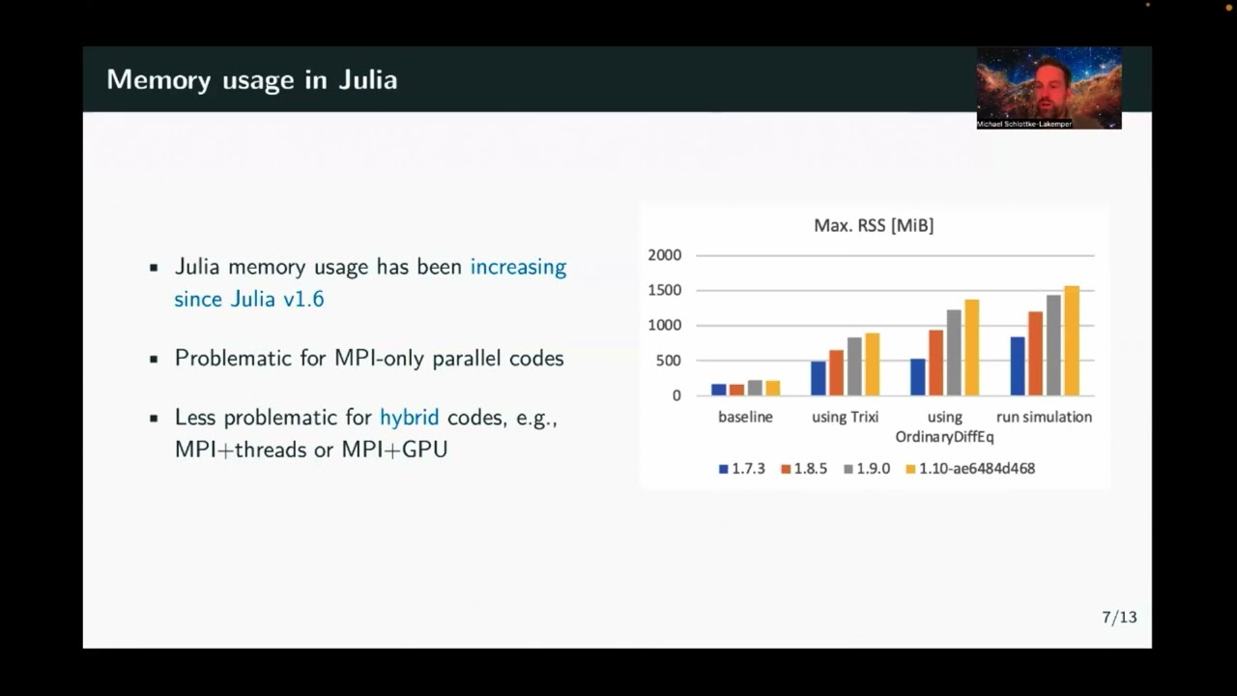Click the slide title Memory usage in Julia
tap(251, 79)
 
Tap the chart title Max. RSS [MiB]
tap(874, 225)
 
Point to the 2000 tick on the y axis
tap(664, 255)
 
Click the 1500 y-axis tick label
tap(664, 290)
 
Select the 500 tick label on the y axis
tap(668, 361)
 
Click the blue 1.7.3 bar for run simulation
tap(1017, 366)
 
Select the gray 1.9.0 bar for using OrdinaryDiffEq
tap(954, 353)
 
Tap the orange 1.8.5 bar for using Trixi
tap(836, 372)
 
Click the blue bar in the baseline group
tap(719, 390)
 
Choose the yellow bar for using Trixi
tap(873, 364)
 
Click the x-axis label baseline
tap(745, 417)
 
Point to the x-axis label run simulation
tap(1044, 417)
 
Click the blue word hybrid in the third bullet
tap(409, 418)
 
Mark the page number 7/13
tap(1119, 617)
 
